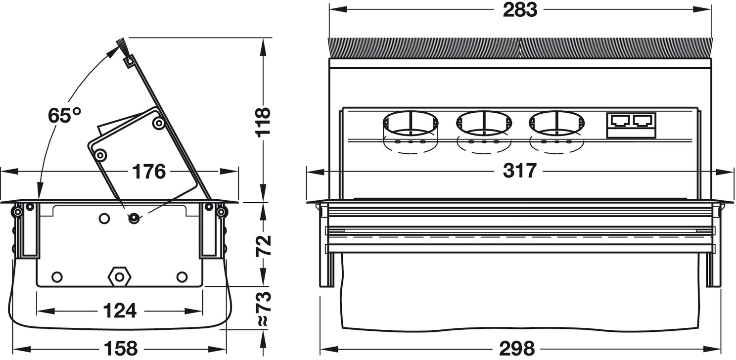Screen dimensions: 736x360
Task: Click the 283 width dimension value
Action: point(520,10)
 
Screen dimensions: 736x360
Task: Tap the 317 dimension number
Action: point(519,171)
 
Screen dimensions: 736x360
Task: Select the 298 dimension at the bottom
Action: point(517,349)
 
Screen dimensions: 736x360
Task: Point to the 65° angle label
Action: point(64,115)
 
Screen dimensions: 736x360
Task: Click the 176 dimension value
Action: point(149,172)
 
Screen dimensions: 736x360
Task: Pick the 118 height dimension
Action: point(263,122)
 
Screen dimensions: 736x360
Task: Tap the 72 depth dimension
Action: point(263,246)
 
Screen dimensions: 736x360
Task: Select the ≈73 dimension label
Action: point(263,308)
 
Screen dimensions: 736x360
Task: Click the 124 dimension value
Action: point(120,311)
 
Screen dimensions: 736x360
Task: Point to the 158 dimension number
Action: point(121,349)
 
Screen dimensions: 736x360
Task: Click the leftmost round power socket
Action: point(411,124)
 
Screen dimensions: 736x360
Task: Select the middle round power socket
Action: point(484,124)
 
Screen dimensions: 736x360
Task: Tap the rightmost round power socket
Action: point(557,124)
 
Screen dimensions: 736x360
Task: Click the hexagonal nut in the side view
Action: point(119,276)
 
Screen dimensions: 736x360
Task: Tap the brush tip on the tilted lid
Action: point(122,46)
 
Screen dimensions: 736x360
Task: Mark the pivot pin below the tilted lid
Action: point(134,218)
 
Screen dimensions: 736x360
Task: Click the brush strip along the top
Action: point(520,48)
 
